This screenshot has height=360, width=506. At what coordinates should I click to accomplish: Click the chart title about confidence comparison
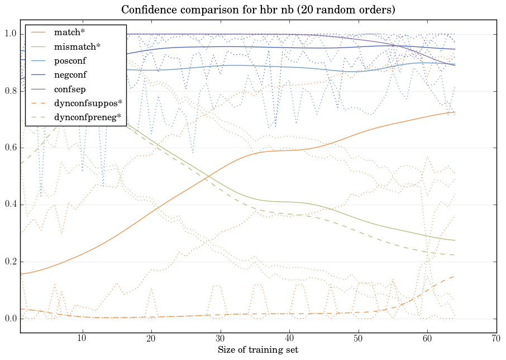pos(253,10)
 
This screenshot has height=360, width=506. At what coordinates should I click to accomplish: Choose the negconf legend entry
pos(70,75)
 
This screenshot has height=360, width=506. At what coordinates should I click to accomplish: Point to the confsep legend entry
pos(69,89)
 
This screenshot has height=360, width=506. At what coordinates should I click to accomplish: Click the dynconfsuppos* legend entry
pos(88,103)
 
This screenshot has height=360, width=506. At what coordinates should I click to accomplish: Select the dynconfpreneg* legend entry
pos(88,117)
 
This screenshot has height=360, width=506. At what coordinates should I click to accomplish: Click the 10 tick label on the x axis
pos(82,338)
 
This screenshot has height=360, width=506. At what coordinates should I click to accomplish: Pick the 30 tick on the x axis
pos(220,338)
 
